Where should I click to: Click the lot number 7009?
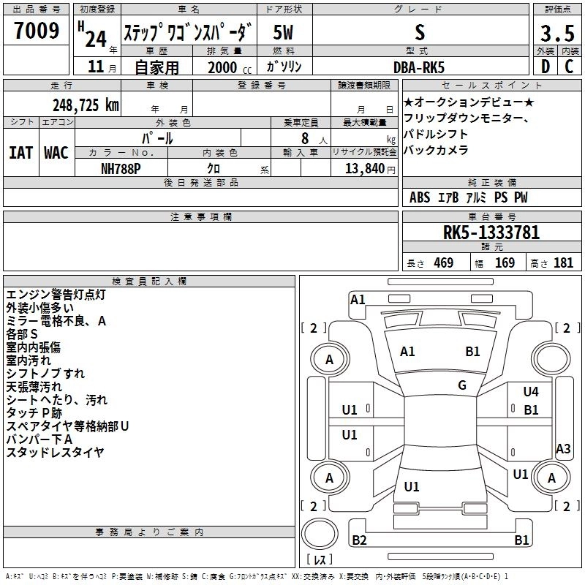[37, 32]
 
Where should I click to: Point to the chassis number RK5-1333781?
[491, 233]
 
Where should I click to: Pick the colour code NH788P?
[121, 167]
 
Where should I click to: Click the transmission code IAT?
[20, 153]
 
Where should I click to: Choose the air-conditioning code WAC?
[56, 153]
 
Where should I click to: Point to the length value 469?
[443, 263]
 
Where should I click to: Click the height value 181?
[563, 263]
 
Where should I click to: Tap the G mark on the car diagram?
[462, 385]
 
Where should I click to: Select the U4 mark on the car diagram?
[531, 392]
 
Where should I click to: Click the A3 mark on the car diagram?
[563, 449]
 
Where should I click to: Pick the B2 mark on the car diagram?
[359, 540]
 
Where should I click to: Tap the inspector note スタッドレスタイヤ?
[55, 453]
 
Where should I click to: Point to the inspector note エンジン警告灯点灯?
[56, 295]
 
